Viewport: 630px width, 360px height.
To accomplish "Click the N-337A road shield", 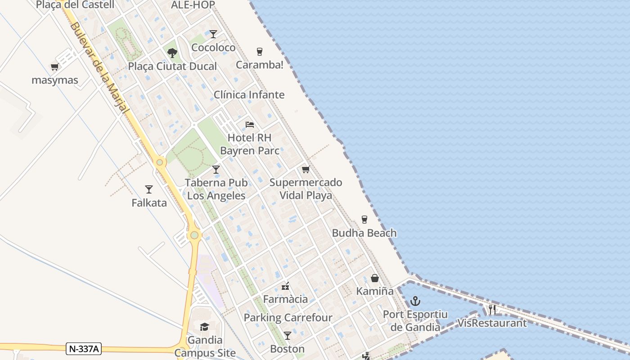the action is pos(84,348).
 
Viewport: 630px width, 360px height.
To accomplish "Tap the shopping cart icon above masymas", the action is pos(55,67).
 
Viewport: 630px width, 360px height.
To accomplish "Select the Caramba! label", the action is pos(260,65).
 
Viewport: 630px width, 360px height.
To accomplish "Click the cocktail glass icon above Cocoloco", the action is pos(213,34).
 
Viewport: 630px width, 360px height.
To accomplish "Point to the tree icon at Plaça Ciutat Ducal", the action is pos(172,53).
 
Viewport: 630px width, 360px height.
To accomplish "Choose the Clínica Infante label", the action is pos(249,94).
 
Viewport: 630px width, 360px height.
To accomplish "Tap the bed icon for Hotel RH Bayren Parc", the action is pos(250,124).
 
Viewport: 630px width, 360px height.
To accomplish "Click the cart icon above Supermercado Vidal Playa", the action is pos(306,170).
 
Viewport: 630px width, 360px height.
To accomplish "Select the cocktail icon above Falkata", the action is pos(149,189).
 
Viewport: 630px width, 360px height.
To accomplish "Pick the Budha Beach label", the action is pos(364,233).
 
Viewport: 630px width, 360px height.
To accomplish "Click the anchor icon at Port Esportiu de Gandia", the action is pos(415,301).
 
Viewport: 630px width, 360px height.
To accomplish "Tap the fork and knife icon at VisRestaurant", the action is pos(492,310).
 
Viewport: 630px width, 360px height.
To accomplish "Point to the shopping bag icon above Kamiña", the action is pos(375,278).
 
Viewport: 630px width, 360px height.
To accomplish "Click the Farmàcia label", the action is pos(285,299).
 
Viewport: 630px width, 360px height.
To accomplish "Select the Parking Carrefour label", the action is pos(288,317).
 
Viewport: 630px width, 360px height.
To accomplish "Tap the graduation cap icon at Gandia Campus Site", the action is pos(205,327).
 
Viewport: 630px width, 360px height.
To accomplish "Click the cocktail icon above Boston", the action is pos(288,336).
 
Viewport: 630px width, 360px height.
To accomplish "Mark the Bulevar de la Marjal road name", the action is pos(99,67).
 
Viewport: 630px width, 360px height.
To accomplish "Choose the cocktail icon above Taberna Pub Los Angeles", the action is pos(216,170).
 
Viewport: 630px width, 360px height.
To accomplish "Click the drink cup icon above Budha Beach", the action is pos(364,220).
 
